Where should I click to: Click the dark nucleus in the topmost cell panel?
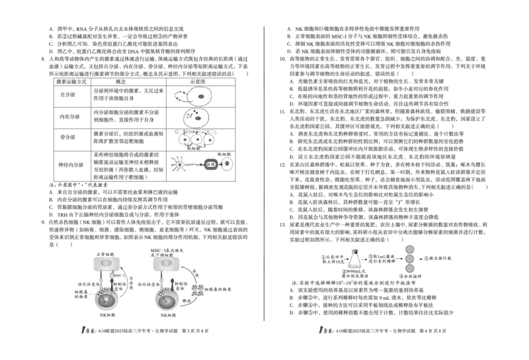pos(201,97)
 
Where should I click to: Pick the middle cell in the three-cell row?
pos(197,140)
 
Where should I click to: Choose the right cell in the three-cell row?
pos(214,140)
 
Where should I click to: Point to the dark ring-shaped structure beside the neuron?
pos(210,163)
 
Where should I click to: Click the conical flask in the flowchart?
pos(355,259)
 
